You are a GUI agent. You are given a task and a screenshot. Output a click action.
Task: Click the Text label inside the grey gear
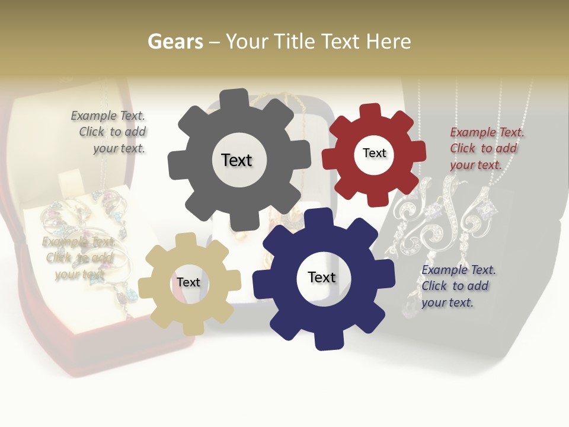[x=236, y=160]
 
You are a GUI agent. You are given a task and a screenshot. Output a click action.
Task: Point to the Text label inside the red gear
[x=375, y=153]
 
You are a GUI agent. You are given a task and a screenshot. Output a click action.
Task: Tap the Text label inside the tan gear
[x=188, y=282]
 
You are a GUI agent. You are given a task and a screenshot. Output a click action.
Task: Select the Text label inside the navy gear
[x=322, y=277]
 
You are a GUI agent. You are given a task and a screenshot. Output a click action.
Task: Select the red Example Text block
[x=486, y=148]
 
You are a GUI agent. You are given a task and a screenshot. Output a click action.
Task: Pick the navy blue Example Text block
[x=458, y=286]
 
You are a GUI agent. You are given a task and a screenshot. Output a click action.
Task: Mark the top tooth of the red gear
[x=370, y=111]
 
